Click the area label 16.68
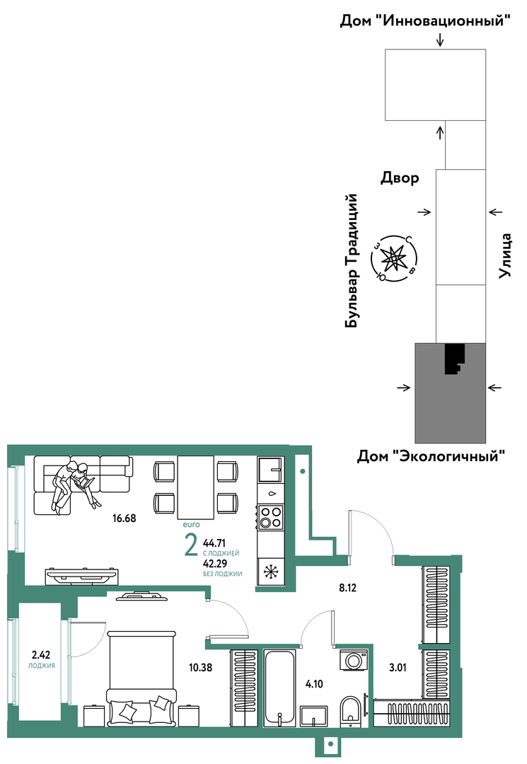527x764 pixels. click(124, 518)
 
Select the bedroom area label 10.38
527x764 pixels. click(202, 666)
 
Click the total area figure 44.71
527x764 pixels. click(215, 543)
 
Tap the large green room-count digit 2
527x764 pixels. click(190, 547)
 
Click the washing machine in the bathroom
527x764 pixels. click(354, 661)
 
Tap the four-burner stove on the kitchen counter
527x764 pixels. click(270, 518)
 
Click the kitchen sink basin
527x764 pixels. click(270, 468)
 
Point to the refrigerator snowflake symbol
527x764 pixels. click(270, 572)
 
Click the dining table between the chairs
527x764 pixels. click(195, 487)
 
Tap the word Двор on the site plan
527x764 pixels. click(399, 178)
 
